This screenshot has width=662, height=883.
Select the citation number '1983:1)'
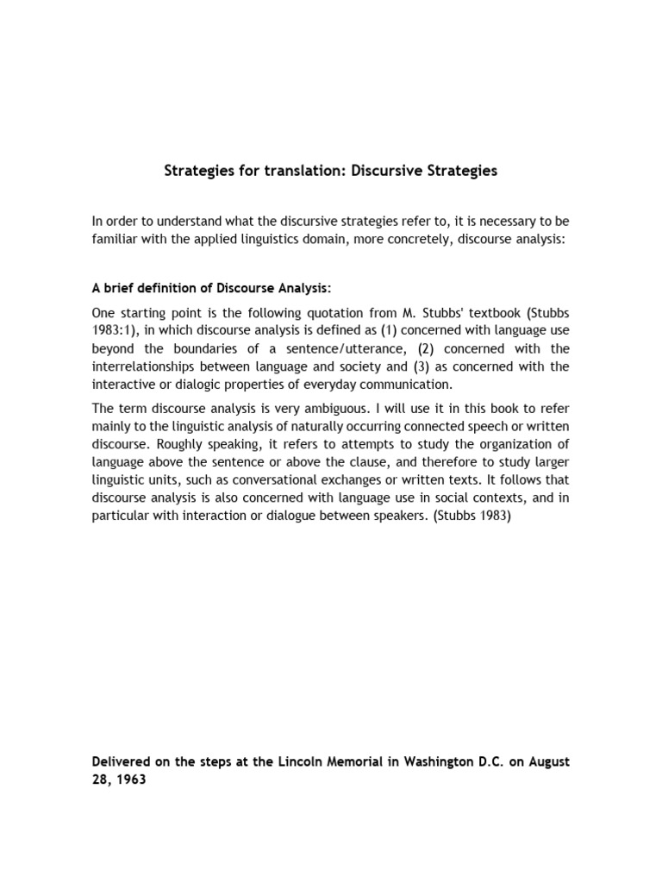114,330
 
